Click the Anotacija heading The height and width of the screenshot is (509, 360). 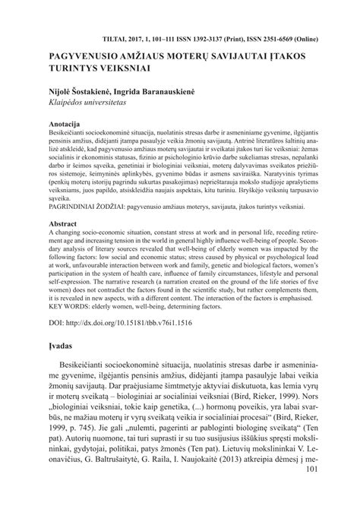pos(66,122)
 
